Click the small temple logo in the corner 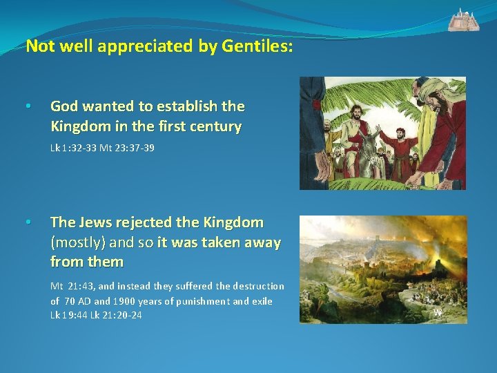[x=464, y=20]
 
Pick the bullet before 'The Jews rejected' [x=27, y=223]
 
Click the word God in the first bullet [x=64, y=106]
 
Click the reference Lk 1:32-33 [x=72, y=148]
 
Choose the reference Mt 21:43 [x=77, y=286]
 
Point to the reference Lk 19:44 [x=69, y=316]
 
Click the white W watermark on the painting [x=438, y=312]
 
